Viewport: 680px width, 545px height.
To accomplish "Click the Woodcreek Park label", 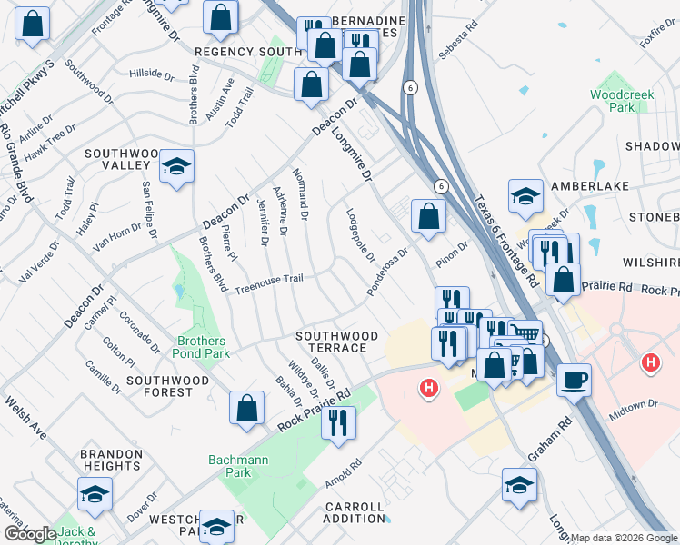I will pyautogui.click(x=611, y=100).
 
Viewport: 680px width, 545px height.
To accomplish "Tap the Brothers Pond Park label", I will pyautogui.click(x=201, y=348).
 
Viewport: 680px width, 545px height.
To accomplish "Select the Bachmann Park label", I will pyautogui.click(x=237, y=466).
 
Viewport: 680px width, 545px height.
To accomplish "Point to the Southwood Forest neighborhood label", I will pyautogui.click(x=160, y=386).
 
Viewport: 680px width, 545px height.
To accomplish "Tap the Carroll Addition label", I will pyautogui.click(x=354, y=512).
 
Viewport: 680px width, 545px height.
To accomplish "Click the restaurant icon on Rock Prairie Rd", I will pyautogui.click(x=338, y=421).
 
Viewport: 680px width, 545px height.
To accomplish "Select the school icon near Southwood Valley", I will pyautogui.click(x=177, y=165).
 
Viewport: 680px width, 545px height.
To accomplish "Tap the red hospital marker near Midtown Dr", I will pyautogui.click(x=650, y=364).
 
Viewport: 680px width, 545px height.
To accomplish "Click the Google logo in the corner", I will pyautogui.click(x=29, y=534).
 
